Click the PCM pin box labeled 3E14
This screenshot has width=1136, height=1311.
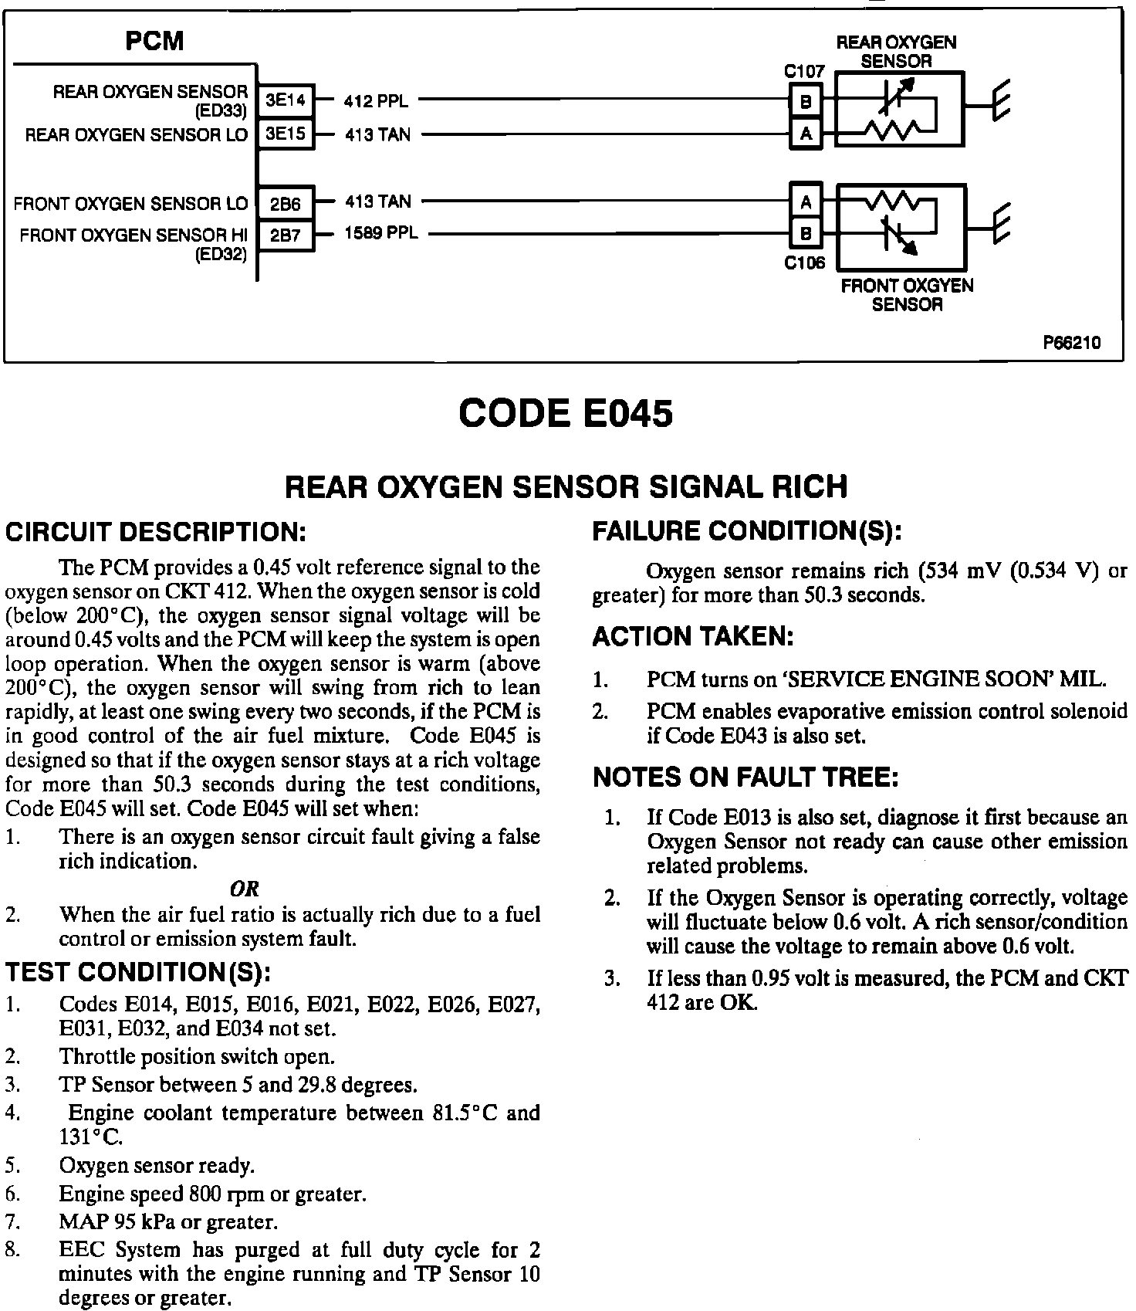click(x=286, y=100)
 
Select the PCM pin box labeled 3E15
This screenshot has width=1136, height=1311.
click(x=286, y=134)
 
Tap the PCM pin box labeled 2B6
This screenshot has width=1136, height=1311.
click(x=286, y=204)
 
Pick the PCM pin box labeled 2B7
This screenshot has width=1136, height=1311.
click(x=286, y=235)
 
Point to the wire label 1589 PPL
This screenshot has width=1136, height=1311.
click(x=380, y=233)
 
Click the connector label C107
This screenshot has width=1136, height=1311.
click(x=804, y=72)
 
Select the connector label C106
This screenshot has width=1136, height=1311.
click(x=804, y=263)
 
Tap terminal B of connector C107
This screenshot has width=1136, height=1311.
click(x=806, y=101)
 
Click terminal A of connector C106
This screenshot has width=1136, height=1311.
click(x=806, y=202)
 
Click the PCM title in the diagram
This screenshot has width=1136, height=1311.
click(x=154, y=41)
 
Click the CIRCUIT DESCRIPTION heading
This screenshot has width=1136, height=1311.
click(x=156, y=533)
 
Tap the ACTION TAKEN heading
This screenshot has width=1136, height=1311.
click(x=693, y=638)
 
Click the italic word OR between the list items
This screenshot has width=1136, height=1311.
click(x=245, y=889)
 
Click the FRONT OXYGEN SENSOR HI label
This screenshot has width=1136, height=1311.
click(x=134, y=235)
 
